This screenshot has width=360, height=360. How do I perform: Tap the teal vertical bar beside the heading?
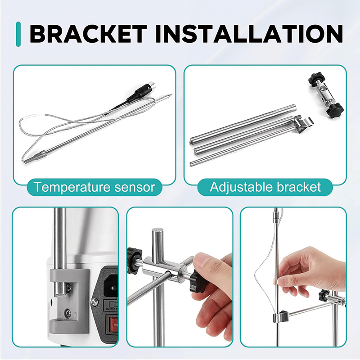18,33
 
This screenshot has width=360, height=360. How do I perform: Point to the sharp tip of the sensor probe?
170,95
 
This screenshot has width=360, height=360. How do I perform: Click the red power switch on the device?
111,324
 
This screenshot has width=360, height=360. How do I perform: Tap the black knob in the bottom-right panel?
325,297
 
